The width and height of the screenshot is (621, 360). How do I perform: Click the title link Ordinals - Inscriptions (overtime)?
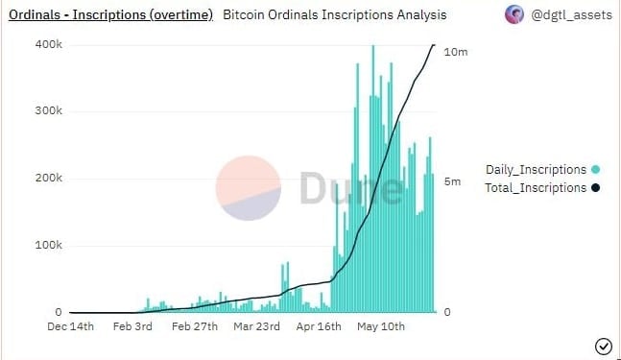tap(110, 15)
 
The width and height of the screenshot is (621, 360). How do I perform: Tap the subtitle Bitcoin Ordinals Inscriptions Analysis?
tap(334, 15)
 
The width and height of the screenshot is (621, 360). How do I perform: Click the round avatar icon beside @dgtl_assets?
tap(514, 15)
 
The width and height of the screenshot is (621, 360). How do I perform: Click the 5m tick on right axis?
tap(452, 182)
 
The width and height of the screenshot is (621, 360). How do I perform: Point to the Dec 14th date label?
tap(71, 327)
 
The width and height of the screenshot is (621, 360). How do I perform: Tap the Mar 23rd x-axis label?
tap(256, 327)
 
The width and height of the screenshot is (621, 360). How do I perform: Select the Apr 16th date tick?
tap(319, 327)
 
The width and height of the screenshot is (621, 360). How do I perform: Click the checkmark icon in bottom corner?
tap(604, 346)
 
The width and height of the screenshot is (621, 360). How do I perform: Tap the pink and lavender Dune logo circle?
tap(249, 188)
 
